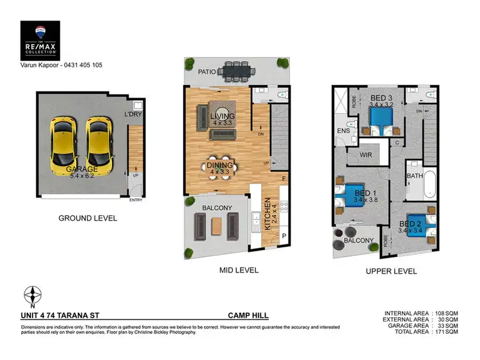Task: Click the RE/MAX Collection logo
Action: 40,40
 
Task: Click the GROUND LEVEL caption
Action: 88,218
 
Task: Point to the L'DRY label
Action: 132,115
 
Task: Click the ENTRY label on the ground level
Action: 136,200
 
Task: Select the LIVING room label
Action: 222,116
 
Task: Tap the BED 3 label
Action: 382,97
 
